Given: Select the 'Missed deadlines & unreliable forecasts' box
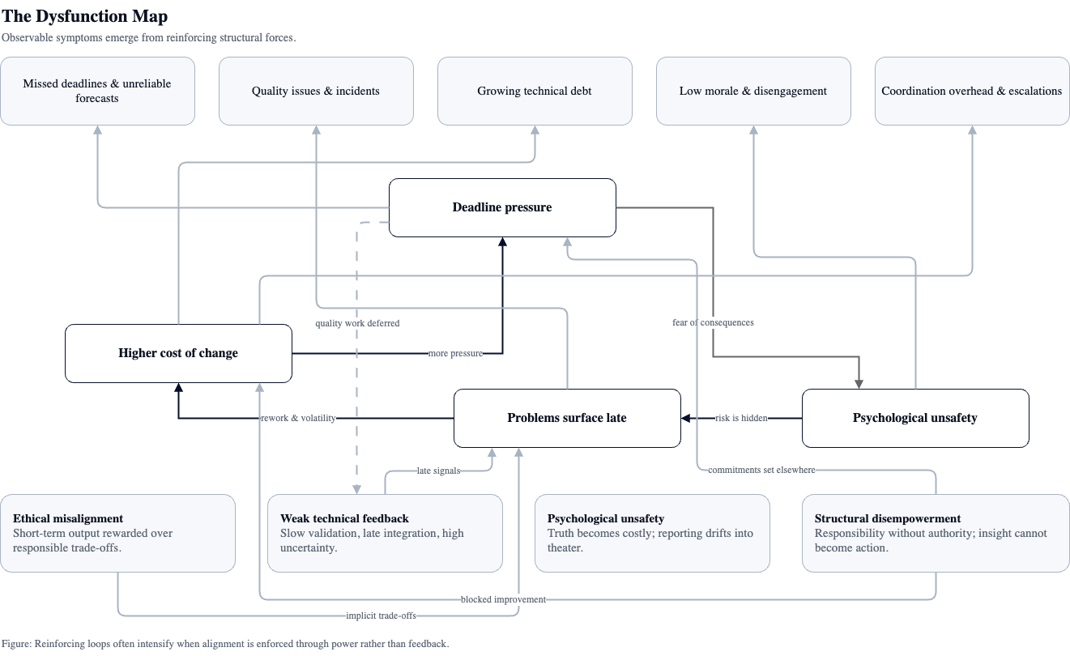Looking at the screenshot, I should click(x=97, y=91).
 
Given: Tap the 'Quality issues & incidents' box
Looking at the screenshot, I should click(x=316, y=91).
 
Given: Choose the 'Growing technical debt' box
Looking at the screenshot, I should click(x=535, y=91).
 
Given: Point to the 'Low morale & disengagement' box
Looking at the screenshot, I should click(x=753, y=91).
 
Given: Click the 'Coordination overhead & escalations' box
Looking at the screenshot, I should click(x=972, y=91).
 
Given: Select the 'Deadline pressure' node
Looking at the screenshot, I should click(x=502, y=207).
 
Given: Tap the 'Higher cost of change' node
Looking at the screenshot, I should click(x=178, y=353).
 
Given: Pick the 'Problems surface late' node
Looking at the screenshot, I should click(x=567, y=418).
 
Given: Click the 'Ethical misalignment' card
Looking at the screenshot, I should click(x=117, y=533).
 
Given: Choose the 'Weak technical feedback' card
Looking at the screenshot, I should click(x=385, y=533).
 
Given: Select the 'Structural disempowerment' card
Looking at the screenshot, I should click(x=936, y=533).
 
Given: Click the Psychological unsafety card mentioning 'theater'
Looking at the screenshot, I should click(x=652, y=533).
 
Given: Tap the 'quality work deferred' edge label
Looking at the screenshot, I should click(x=357, y=323).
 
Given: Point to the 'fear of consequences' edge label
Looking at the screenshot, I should click(x=713, y=322).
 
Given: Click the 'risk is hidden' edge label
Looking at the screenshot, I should click(x=741, y=419).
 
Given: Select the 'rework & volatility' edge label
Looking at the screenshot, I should click(x=298, y=419).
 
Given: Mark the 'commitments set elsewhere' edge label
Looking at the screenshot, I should click(x=761, y=470).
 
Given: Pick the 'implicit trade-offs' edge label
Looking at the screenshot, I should click(x=381, y=616).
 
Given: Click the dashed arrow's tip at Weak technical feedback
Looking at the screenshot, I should click(x=356, y=490).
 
